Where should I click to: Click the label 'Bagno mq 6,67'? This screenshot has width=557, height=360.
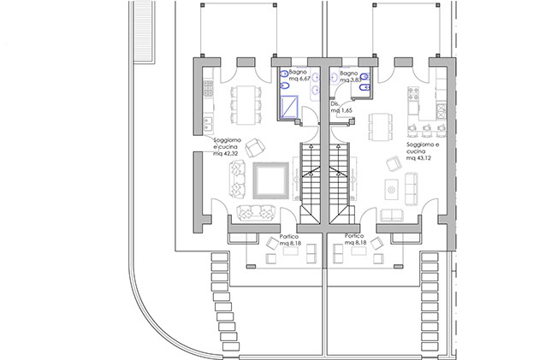[300, 78]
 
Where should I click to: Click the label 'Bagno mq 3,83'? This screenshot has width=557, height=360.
[350, 78]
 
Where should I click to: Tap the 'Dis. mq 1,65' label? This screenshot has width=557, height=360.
[341, 108]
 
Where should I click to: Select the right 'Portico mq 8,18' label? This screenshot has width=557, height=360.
[356, 239]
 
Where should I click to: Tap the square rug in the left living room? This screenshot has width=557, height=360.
[270, 180]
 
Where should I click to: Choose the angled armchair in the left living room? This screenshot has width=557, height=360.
[254, 147]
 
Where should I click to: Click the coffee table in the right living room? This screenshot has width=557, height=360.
[392, 188]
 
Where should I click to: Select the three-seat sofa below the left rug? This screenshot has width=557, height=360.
[253, 213]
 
